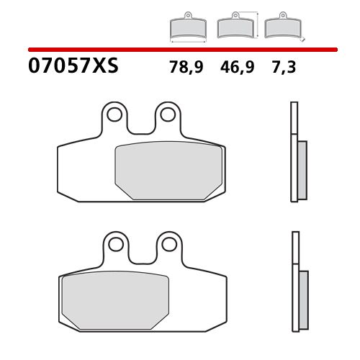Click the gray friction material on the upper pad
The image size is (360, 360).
click(x=168, y=170)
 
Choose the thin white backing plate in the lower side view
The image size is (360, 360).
click(x=294, y=281)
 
